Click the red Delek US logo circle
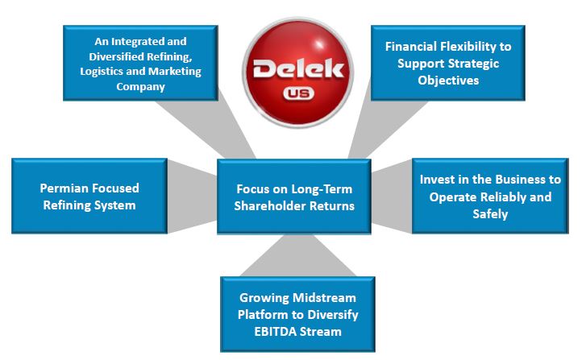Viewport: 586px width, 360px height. (298, 72)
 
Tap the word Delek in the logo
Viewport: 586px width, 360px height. (298, 69)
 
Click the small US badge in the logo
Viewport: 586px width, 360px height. (298, 93)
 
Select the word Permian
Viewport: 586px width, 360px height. (64, 188)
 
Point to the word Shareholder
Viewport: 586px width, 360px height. (267, 205)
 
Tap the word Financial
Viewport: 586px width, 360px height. (411, 46)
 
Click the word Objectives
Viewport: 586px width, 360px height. (448, 81)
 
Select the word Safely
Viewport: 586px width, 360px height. (490, 214)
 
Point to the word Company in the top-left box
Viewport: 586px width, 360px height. (140, 87)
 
